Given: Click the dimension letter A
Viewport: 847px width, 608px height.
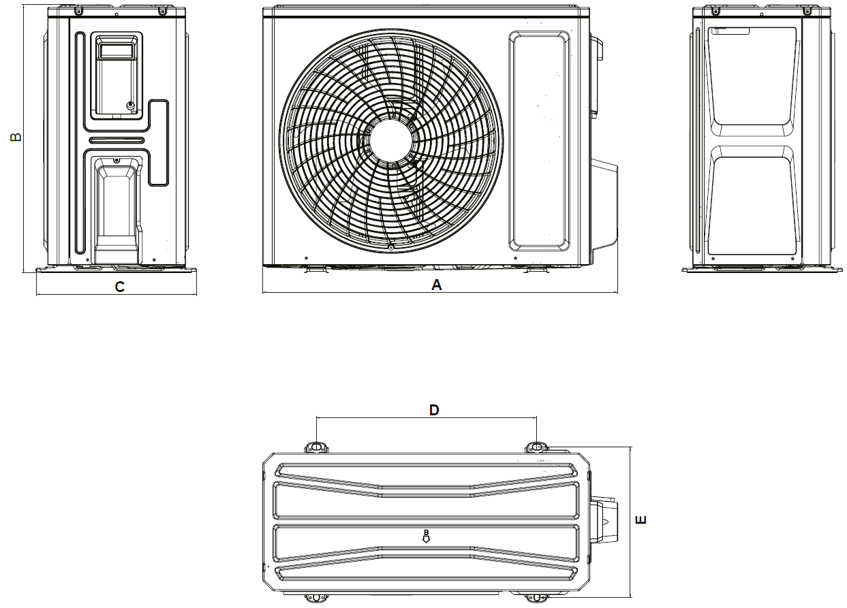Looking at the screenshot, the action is [436, 285].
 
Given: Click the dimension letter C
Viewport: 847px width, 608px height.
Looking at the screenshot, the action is [119, 287].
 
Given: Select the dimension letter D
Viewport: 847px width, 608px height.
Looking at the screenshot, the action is [433, 410].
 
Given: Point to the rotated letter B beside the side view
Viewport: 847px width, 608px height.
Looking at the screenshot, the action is [16, 137].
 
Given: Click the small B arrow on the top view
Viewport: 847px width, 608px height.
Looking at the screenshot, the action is [426, 537].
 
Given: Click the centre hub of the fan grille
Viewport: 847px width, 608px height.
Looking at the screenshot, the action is [391, 140].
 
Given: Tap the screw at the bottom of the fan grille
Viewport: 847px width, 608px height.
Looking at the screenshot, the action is [391, 248].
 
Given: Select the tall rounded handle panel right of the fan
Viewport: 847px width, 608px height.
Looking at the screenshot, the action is [539, 141].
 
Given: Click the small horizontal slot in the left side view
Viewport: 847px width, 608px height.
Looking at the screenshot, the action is [117, 140].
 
